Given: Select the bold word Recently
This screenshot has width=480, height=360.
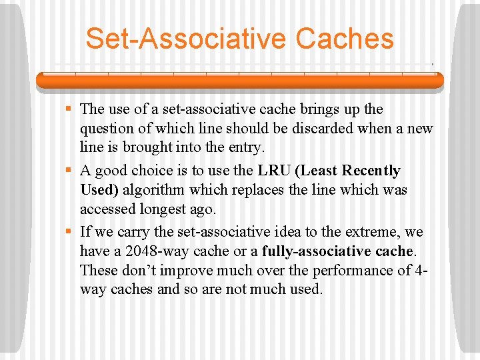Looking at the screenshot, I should pyautogui.click(x=371, y=171).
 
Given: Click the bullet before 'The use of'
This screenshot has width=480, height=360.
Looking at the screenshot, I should pyautogui.click(x=69, y=109).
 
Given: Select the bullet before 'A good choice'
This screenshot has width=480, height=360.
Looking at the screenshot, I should pyautogui.click(x=69, y=171).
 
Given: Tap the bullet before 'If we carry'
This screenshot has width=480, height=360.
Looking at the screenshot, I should pyautogui.click(x=69, y=233).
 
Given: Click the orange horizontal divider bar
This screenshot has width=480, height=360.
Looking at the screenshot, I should pyautogui.click(x=240, y=81).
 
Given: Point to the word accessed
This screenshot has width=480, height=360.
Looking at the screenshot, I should pyautogui.click(x=107, y=209).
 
